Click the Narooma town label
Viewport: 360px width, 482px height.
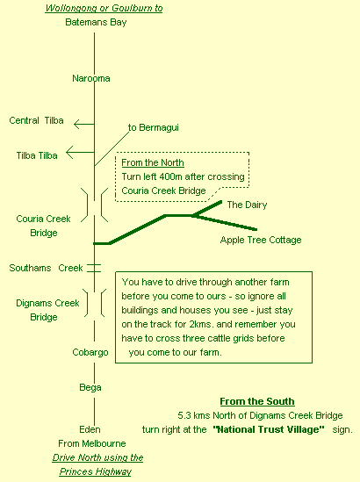[91, 78]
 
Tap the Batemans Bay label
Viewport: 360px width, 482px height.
[96, 23]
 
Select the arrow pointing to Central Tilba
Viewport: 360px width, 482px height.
[84, 124]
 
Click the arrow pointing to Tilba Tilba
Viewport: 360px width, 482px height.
[80, 152]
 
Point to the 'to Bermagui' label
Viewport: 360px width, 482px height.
[154, 127]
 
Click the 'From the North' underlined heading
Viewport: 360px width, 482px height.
[153, 162]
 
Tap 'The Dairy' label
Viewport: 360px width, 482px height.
[247, 205]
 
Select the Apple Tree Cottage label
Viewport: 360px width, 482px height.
[261, 240]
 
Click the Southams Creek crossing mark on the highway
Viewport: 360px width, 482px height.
[94, 268]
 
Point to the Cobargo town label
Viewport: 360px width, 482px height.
[90, 352]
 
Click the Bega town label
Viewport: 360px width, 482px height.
[90, 387]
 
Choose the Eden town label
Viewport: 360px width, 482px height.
[90, 429]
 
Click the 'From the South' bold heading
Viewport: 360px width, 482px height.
[257, 401]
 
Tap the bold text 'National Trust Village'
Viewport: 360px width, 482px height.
[269, 429]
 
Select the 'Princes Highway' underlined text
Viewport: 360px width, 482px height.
[96, 471]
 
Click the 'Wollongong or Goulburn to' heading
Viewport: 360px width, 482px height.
[104, 8]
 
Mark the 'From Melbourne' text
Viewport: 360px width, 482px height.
[92, 443]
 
